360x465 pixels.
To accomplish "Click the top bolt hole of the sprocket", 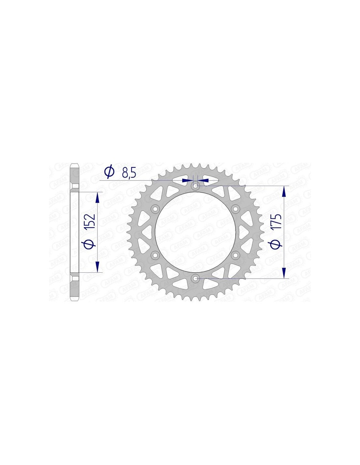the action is [195, 186].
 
